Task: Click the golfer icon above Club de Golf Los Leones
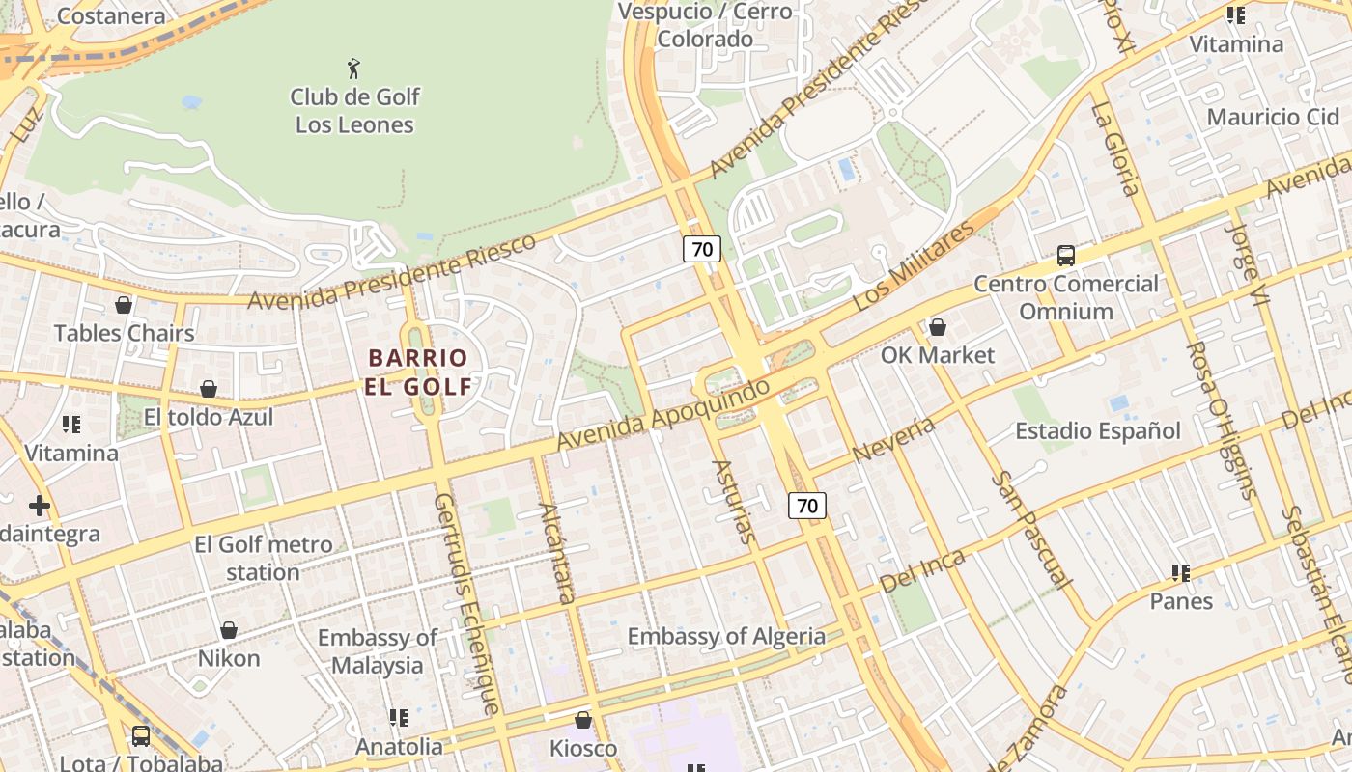pyautogui.click(x=353, y=69)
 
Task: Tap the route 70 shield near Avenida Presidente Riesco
pyautogui.click(x=702, y=249)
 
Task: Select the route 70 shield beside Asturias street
pyautogui.click(x=807, y=505)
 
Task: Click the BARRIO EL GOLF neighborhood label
pyautogui.click(x=418, y=372)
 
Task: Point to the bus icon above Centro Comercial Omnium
pyautogui.click(x=1066, y=256)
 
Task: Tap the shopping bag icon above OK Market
pyautogui.click(x=937, y=327)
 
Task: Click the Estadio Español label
pyautogui.click(x=1097, y=431)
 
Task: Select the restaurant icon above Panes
pyautogui.click(x=1180, y=573)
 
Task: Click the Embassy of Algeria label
pyautogui.click(x=726, y=636)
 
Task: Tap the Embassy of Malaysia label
pyautogui.click(x=378, y=651)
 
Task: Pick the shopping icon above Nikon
pyautogui.click(x=229, y=630)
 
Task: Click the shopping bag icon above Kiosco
pyautogui.click(x=582, y=720)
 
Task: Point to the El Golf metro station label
pyautogui.click(x=263, y=558)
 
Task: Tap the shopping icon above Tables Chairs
pyautogui.click(x=124, y=305)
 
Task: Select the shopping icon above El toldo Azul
pyautogui.click(x=208, y=389)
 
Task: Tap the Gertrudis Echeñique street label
pyautogui.click(x=467, y=603)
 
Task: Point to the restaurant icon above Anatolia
pyautogui.click(x=398, y=718)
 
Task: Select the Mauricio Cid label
pyautogui.click(x=1273, y=117)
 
